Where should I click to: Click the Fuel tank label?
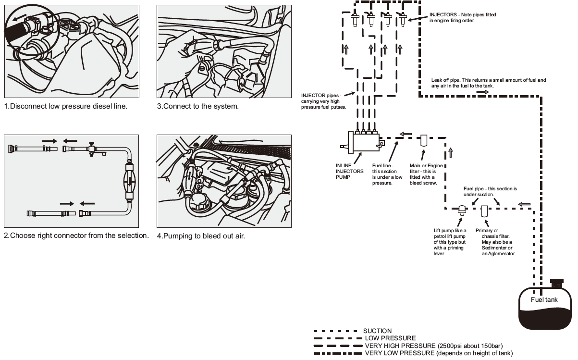pos(544,300)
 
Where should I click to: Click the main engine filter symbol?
pos(424,141)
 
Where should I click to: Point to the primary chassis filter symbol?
pos(484,210)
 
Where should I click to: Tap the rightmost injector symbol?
pos(403,20)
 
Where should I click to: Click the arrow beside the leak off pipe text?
pos(482,91)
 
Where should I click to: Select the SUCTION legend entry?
pos(377,331)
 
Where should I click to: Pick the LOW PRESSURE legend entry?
pos(390,338)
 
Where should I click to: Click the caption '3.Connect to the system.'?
pos(197,106)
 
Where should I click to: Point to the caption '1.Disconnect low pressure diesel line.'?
pos(66,106)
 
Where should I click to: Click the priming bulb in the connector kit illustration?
pos(129,178)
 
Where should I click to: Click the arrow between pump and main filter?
pos(406,134)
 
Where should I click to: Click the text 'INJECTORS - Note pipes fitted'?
pos(462,15)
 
